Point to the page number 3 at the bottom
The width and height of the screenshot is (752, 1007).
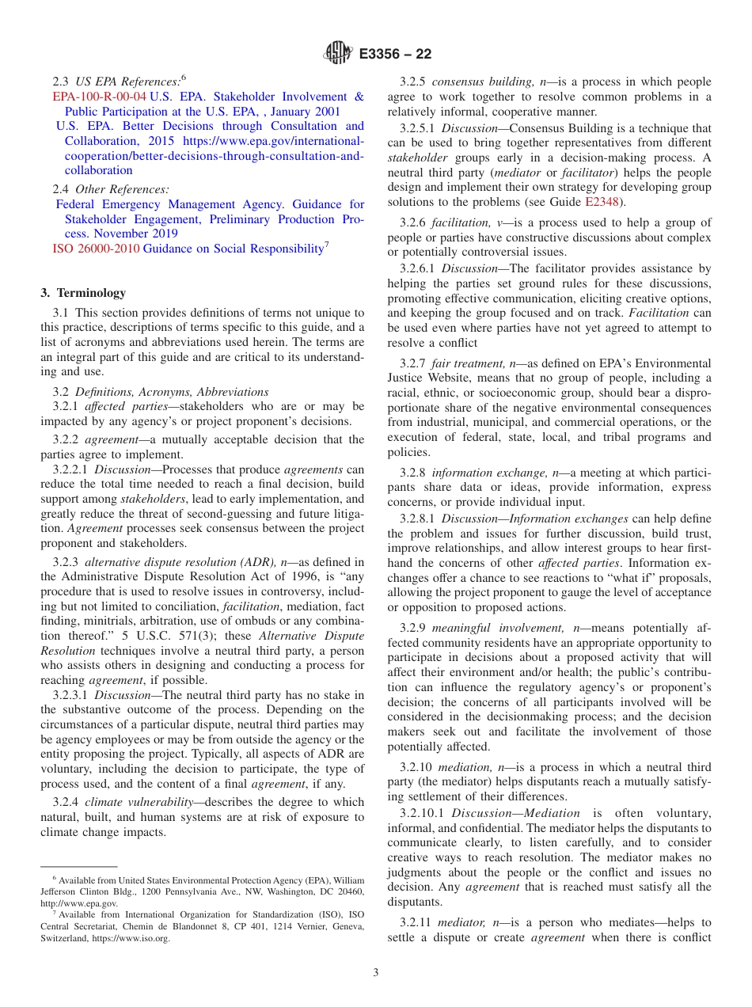tap(376, 972)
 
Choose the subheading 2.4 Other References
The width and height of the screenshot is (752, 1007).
tap(110, 189)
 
